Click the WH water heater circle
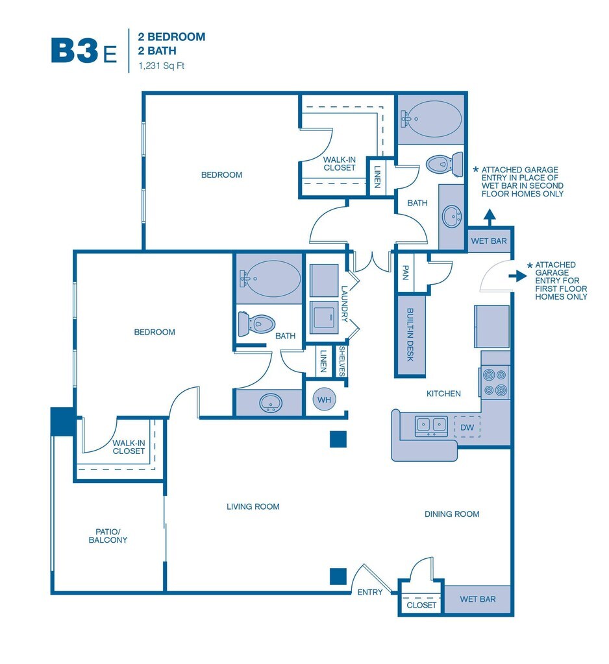(x=324, y=399)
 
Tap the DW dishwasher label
(x=467, y=427)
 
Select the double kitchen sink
(x=432, y=425)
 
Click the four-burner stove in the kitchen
(x=495, y=382)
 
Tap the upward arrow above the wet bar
(x=490, y=216)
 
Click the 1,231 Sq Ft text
(x=161, y=65)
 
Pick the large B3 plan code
(x=75, y=51)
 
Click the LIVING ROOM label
(x=253, y=506)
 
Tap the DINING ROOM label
(x=452, y=514)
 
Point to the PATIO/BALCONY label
(x=108, y=536)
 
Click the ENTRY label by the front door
(x=370, y=592)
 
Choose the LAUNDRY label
(x=345, y=305)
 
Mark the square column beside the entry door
(x=338, y=576)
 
